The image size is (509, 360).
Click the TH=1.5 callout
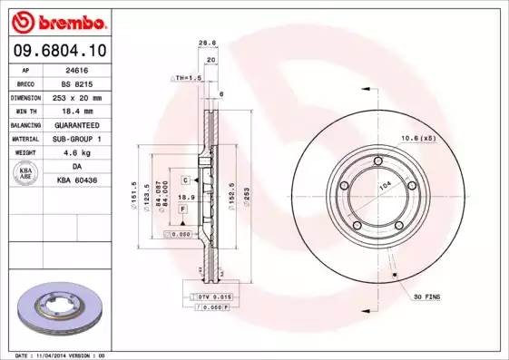(x=188, y=78)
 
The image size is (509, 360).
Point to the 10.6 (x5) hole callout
(x=419, y=139)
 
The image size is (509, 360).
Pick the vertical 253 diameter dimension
(x=244, y=193)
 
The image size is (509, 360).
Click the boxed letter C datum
(x=184, y=180)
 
